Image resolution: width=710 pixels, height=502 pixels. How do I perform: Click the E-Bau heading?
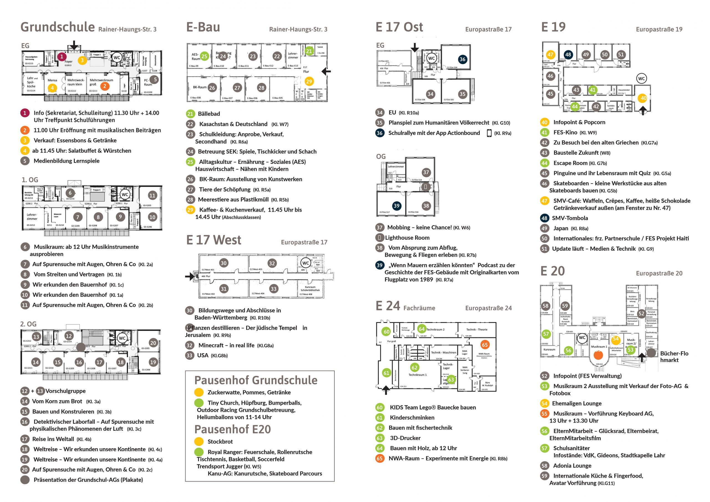tap(203, 27)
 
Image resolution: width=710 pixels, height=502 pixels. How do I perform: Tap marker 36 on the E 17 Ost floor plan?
tap(462, 59)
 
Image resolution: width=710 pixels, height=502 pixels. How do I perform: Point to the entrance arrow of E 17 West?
tap(189, 276)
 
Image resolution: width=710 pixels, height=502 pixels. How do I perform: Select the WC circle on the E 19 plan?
tap(641, 78)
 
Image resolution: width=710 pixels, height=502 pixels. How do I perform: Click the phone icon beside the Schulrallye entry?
tap(489, 133)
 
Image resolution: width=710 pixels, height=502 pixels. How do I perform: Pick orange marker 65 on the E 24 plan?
tap(484, 345)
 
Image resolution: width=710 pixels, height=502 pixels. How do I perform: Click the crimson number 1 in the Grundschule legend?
tap(25, 113)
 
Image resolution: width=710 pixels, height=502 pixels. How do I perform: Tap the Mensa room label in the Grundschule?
tap(52, 80)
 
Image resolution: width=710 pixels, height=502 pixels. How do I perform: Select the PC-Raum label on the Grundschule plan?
tap(148, 82)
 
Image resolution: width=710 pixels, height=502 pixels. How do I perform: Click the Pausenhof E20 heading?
tap(232, 429)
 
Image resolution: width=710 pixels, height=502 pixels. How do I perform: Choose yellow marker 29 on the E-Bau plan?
tap(309, 82)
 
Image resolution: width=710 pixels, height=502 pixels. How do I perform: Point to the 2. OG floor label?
tap(28, 324)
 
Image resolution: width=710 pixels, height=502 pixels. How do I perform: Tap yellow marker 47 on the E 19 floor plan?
tap(550, 55)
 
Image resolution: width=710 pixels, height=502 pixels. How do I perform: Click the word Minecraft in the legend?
tap(210, 346)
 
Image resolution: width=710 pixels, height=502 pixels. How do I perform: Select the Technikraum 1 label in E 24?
tap(417, 375)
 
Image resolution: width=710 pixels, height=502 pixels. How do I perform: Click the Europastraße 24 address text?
tap(488, 308)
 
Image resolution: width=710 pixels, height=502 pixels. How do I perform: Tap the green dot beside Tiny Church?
tap(199, 403)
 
